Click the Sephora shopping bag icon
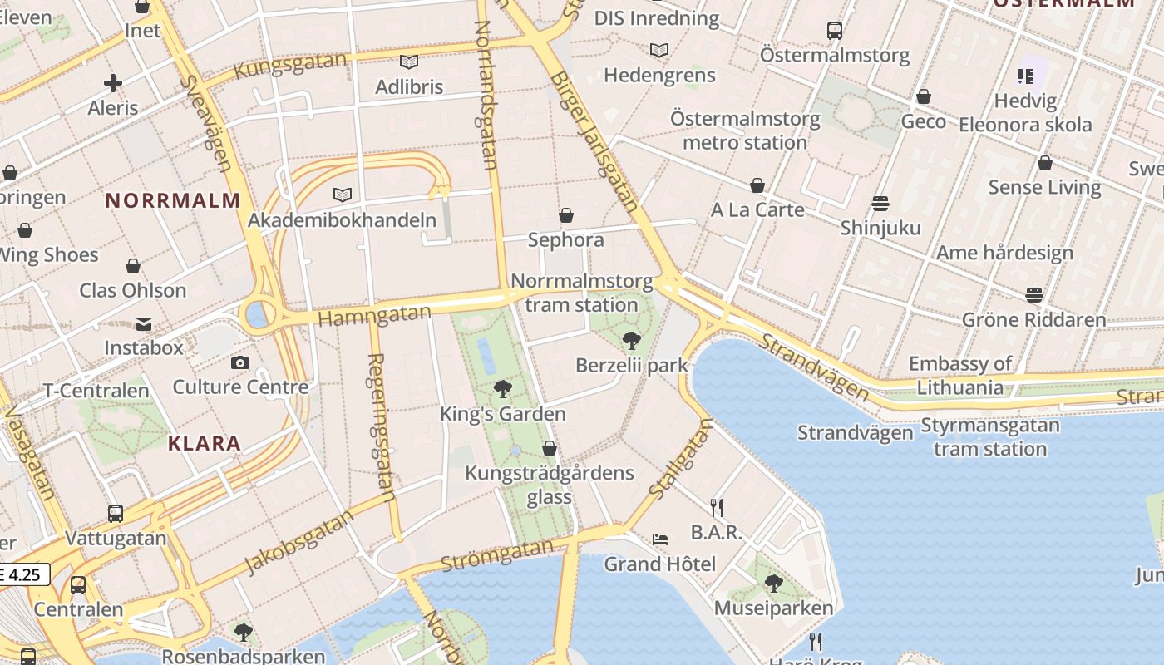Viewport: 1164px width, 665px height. tap(566, 216)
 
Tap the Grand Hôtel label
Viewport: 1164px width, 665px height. tap(659, 564)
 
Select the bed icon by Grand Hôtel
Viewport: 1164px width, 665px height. tap(660, 539)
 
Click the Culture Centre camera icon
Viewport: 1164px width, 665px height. tap(240, 362)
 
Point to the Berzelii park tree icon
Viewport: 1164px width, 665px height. tap(631, 340)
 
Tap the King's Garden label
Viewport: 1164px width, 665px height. tap(502, 414)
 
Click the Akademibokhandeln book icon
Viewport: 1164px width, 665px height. tap(342, 195)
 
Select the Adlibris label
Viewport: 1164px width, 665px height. tap(409, 86)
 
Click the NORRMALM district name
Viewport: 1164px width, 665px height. tap(173, 200)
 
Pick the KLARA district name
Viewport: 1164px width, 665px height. tap(205, 443)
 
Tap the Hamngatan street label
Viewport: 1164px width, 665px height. tap(375, 316)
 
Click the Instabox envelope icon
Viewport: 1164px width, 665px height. tap(144, 323)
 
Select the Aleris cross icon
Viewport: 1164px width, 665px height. tap(113, 83)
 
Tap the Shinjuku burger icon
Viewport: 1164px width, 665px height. tap(880, 204)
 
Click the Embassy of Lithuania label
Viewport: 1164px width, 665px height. tap(960, 375)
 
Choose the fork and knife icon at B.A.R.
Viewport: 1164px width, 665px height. tap(717, 507)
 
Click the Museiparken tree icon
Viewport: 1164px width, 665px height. tap(774, 584)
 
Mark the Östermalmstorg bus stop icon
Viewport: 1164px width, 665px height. tap(835, 31)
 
